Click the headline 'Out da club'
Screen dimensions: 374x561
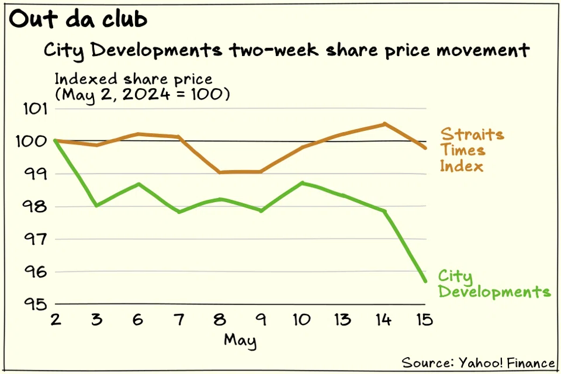(78, 20)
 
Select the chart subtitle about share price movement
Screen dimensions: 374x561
(287, 50)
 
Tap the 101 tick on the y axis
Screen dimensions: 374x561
(36, 109)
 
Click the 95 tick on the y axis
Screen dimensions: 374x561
(36, 304)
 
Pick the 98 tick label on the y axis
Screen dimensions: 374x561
(36, 207)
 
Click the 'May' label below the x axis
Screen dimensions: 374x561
(240, 340)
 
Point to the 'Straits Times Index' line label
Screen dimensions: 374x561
(471, 150)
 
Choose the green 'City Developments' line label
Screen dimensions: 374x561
(494, 284)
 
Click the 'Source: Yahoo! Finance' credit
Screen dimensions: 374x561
(478, 362)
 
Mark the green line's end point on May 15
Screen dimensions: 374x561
(425, 281)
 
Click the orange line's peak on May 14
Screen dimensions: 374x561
(385, 124)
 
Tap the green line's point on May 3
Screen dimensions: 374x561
(96, 205)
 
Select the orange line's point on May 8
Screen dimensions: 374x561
(220, 172)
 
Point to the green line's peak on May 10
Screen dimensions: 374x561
(303, 183)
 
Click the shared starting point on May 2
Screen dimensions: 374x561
(55, 141)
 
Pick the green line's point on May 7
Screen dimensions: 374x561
(179, 212)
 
